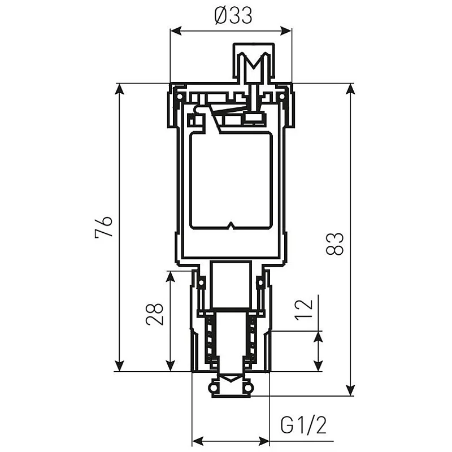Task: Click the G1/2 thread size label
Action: (304, 425)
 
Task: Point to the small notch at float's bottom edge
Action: (231, 227)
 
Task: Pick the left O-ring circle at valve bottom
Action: (213, 388)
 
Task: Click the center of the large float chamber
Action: (231, 181)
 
